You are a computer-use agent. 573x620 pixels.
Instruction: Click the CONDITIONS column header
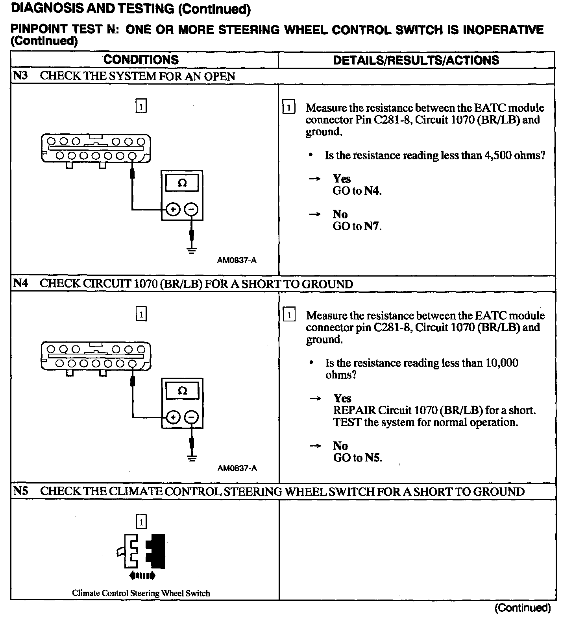pyautogui.click(x=141, y=60)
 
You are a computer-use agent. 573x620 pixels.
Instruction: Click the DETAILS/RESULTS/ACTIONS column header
pyautogui.click(x=416, y=60)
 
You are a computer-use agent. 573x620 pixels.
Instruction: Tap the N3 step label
pyautogui.click(x=20, y=76)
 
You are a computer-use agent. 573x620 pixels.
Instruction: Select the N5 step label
pyautogui.click(x=21, y=491)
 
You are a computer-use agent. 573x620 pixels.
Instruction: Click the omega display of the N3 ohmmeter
pyautogui.click(x=182, y=183)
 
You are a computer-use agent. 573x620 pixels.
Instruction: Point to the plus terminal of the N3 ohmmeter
pyautogui.click(x=173, y=209)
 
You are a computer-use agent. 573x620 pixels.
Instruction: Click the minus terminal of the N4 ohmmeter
pyautogui.click(x=192, y=417)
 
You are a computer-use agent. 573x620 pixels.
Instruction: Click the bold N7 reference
pyautogui.click(x=372, y=226)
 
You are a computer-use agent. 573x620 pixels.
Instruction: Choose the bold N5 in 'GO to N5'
pyautogui.click(x=373, y=458)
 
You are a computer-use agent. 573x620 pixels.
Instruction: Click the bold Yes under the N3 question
pyautogui.click(x=342, y=179)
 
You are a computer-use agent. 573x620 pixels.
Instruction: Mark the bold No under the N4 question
pyautogui.click(x=340, y=446)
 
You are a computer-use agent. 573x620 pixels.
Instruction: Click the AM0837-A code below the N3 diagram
pyautogui.click(x=237, y=260)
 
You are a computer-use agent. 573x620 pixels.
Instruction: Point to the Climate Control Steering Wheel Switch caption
pyautogui.click(x=141, y=593)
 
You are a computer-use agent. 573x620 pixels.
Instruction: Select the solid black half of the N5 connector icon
pyautogui.click(x=157, y=551)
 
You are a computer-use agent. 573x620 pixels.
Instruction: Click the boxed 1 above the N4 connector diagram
pyautogui.click(x=141, y=314)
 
